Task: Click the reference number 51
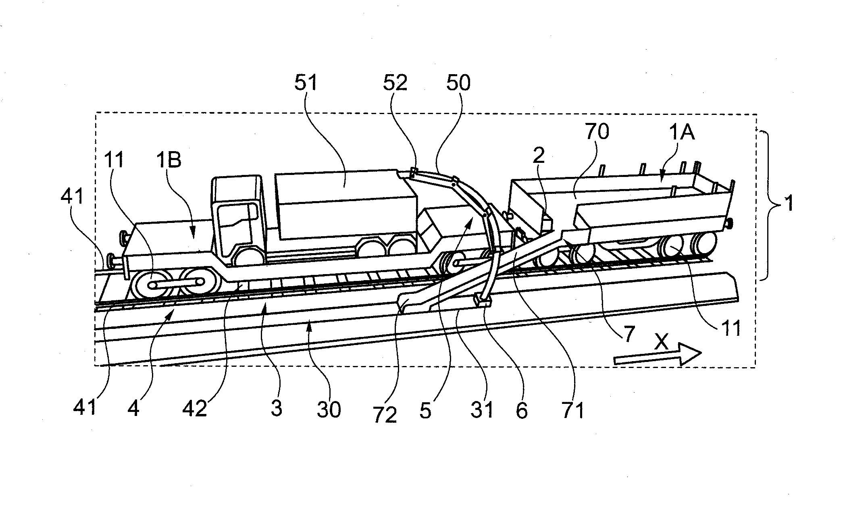pos(306,83)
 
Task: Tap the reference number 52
pos(395,83)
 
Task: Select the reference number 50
pos(458,83)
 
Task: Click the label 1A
pos(682,132)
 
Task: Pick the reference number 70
pos(597,132)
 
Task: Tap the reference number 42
pos(195,409)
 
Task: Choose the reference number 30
pos(329,409)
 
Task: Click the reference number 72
pos(385,415)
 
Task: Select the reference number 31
pos(482,410)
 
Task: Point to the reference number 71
pos(572,410)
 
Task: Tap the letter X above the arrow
pos(661,343)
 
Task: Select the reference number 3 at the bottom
pos(276,408)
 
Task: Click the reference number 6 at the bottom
pos(522,410)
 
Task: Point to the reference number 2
pos(539,156)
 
